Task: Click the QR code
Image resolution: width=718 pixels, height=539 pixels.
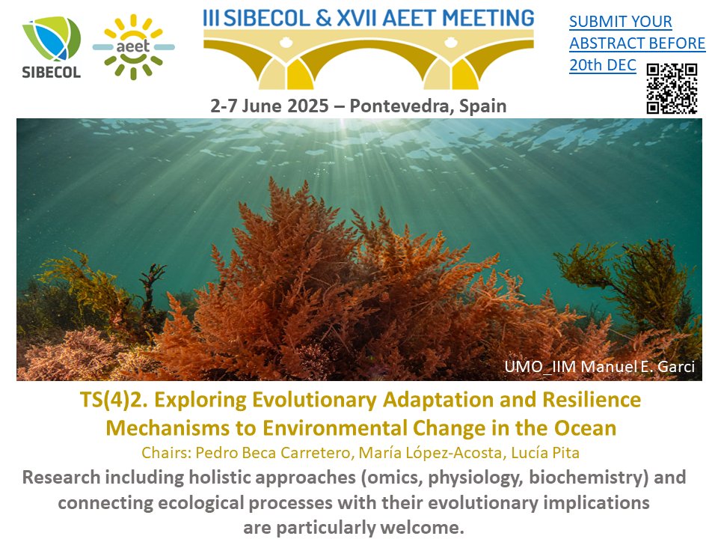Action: click(672, 88)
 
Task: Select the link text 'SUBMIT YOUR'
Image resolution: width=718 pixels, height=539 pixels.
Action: click(620, 22)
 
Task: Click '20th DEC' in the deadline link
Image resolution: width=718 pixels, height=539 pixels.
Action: click(603, 66)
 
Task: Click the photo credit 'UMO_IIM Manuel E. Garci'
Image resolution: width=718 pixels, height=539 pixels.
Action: click(601, 367)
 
